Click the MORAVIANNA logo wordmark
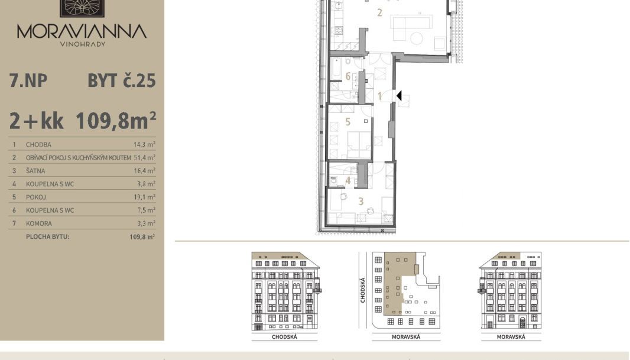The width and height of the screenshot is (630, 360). (82, 31)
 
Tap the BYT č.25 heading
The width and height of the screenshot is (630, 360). (121, 81)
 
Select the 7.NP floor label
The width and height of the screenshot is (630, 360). (28, 81)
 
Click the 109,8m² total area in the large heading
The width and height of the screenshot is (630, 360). (116, 121)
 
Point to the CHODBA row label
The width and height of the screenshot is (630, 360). (38, 145)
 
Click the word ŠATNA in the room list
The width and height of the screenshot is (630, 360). (35, 171)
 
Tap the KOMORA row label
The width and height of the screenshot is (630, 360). (39, 223)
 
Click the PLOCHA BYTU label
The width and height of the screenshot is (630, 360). (48, 236)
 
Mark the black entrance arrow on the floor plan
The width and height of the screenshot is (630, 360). (399, 96)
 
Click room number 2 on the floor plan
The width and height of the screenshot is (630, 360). (379, 13)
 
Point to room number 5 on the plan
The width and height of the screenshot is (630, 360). (348, 122)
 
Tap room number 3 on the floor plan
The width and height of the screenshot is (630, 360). (361, 202)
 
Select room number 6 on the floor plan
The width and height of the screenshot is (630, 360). (348, 76)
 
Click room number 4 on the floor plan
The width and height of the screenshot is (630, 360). (348, 181)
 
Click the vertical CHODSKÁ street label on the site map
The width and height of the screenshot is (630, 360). (363, 290)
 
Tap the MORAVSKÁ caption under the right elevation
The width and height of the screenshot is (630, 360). (511, 337)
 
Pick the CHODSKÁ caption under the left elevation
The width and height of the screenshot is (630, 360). (284, 337)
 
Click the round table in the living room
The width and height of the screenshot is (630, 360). (417, 38)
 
